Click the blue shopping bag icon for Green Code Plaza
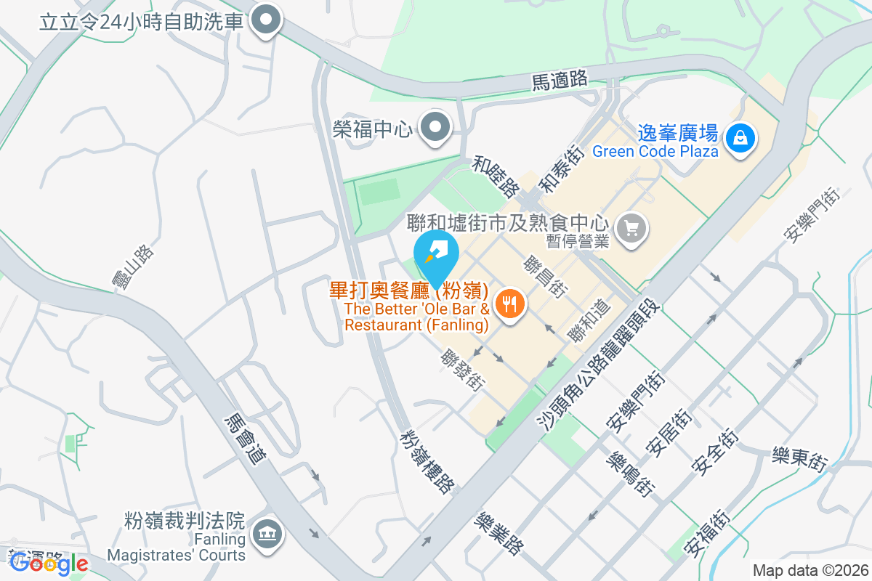(740, 136)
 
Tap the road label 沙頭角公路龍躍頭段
(600, 365)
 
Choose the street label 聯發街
(463, 370)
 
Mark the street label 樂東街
(799, 460)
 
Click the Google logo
(49, 563)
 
